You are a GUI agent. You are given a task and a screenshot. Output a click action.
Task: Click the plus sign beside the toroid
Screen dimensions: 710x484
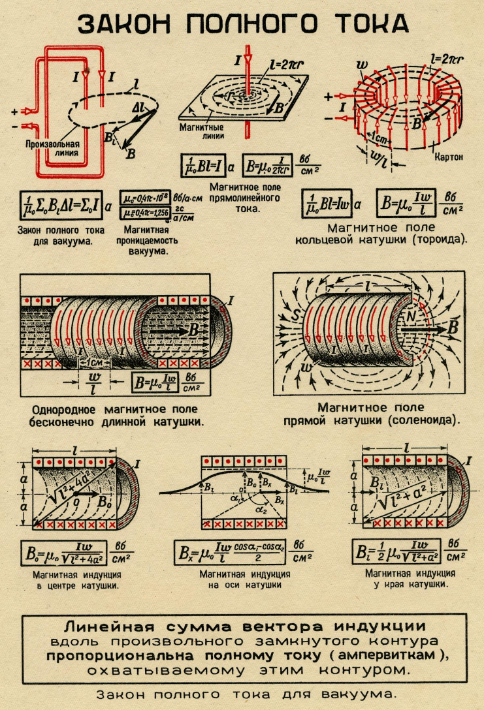click(x=328, y=97)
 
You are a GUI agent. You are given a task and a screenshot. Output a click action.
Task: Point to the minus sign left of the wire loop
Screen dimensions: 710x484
click(x=14, y=125)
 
